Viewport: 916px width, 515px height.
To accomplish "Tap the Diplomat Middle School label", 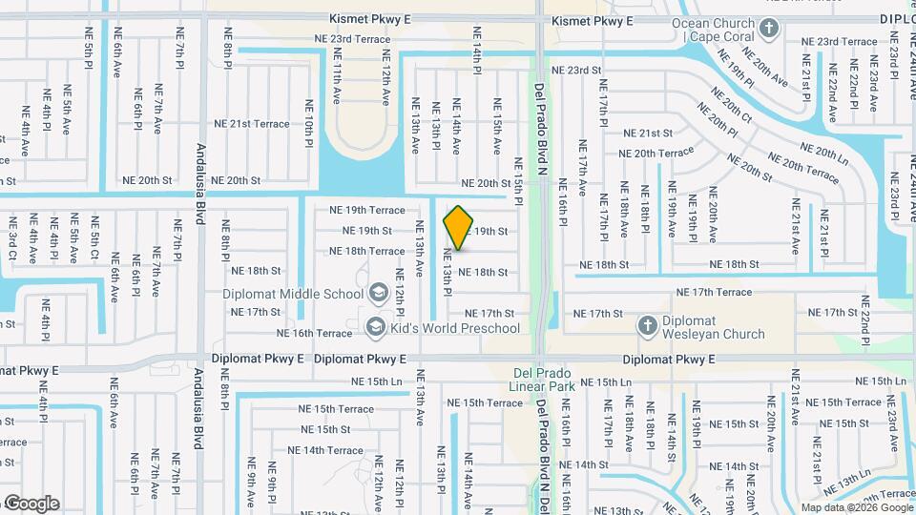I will [x=293, y=294].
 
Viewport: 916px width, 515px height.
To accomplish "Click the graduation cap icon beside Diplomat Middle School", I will [x=377, y=293].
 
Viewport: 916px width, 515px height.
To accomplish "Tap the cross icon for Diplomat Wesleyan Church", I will [x=647, y=326].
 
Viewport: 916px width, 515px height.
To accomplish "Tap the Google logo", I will [x=31, y=504].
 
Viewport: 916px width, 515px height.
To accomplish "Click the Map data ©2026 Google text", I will [x=855, y=507].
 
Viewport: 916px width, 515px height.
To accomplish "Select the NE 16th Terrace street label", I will [x=314, y=334].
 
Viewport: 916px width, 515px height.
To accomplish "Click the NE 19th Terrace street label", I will [x=366, y=210].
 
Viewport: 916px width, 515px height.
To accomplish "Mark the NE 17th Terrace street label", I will [x=714, y=292].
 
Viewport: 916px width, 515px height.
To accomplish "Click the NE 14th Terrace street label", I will [x=325, y=450].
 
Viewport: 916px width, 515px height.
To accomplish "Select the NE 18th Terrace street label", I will [x=366, y=251].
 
